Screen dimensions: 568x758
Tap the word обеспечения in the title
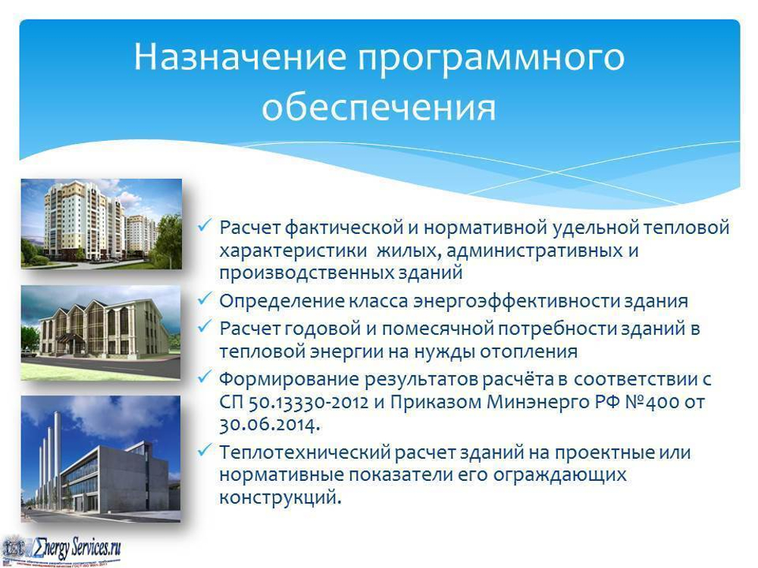click(x=379, y=107)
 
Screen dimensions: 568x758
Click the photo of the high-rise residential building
click(x=101, y=223)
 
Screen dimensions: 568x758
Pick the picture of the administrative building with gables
click(x=101, y=332)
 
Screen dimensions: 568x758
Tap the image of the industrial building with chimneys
click(x=101, y=458)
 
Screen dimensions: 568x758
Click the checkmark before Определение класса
click(x=205, y=299)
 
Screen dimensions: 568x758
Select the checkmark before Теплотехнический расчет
click(x=205, y=451)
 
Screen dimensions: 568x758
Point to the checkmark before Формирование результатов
click(x=205, y=376)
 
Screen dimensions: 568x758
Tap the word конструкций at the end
click(x=278, y=498)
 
